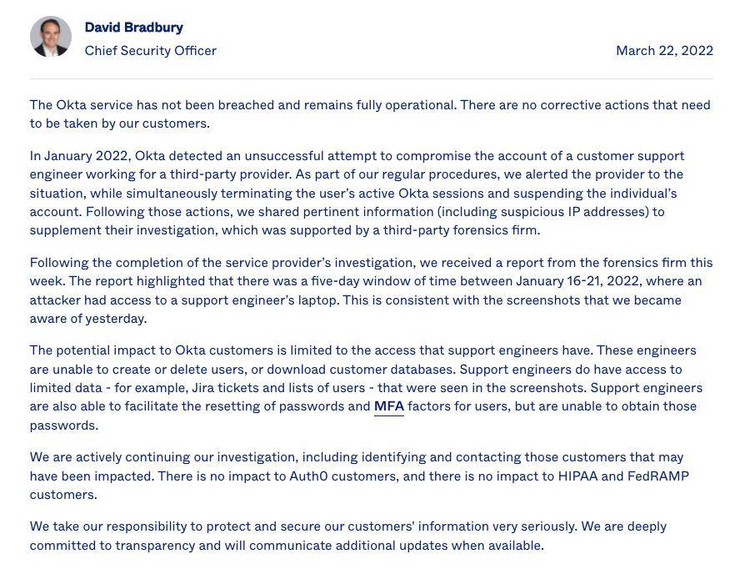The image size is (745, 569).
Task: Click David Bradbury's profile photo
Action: coord(51,37)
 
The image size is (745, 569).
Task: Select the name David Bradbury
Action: coord(133,28)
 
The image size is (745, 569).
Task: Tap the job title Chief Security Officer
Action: coord(150,51)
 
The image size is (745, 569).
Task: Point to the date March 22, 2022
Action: coord(664,51)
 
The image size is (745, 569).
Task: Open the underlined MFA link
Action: coord(388,406)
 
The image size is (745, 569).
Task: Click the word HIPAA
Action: coord(577,476)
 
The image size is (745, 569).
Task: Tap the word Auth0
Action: coord(307,476)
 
